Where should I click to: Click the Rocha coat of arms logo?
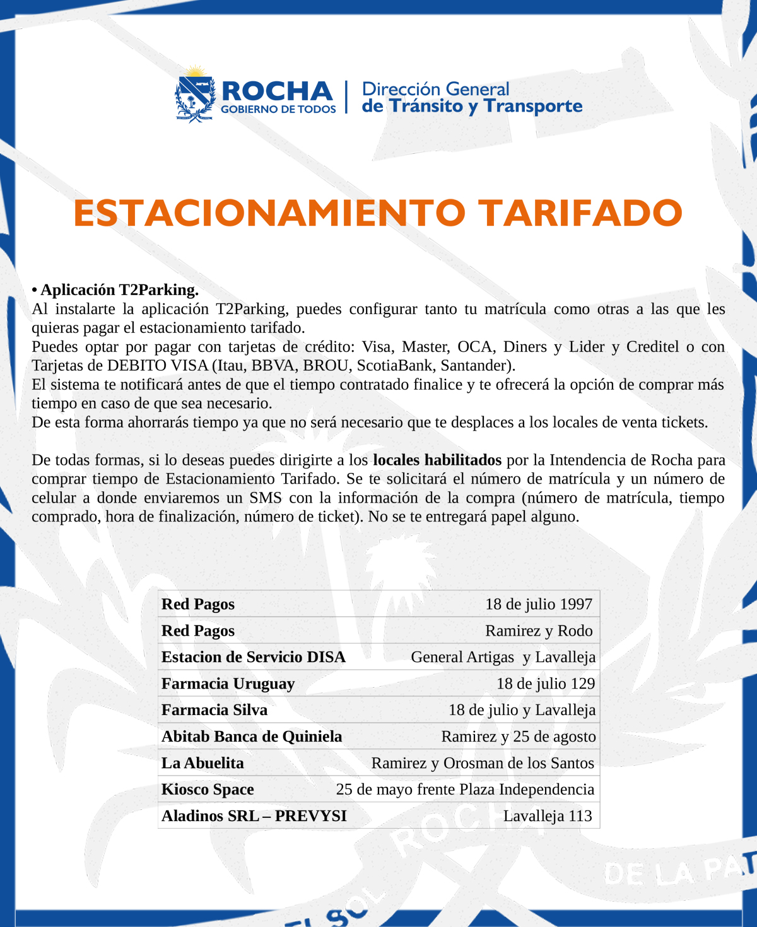(195, 95)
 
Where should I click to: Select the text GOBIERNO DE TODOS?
(278, 109)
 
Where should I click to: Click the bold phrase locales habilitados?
(437, 460)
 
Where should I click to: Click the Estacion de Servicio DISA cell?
(254, 657)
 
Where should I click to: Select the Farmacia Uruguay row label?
(228, 684)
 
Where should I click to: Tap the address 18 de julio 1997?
(539, 604)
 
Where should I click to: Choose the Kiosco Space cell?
(208, 790)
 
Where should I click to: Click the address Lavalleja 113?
(548, 816)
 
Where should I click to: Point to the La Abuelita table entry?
(202, 763)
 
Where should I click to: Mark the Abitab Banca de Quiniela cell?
(252, 737)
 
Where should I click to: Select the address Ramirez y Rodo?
(539, 631)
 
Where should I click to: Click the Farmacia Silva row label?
(214, 710)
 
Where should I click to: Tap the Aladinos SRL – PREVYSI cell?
(254, 816)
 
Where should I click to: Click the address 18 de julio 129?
(546, 684)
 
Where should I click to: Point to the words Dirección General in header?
(435, 89)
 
